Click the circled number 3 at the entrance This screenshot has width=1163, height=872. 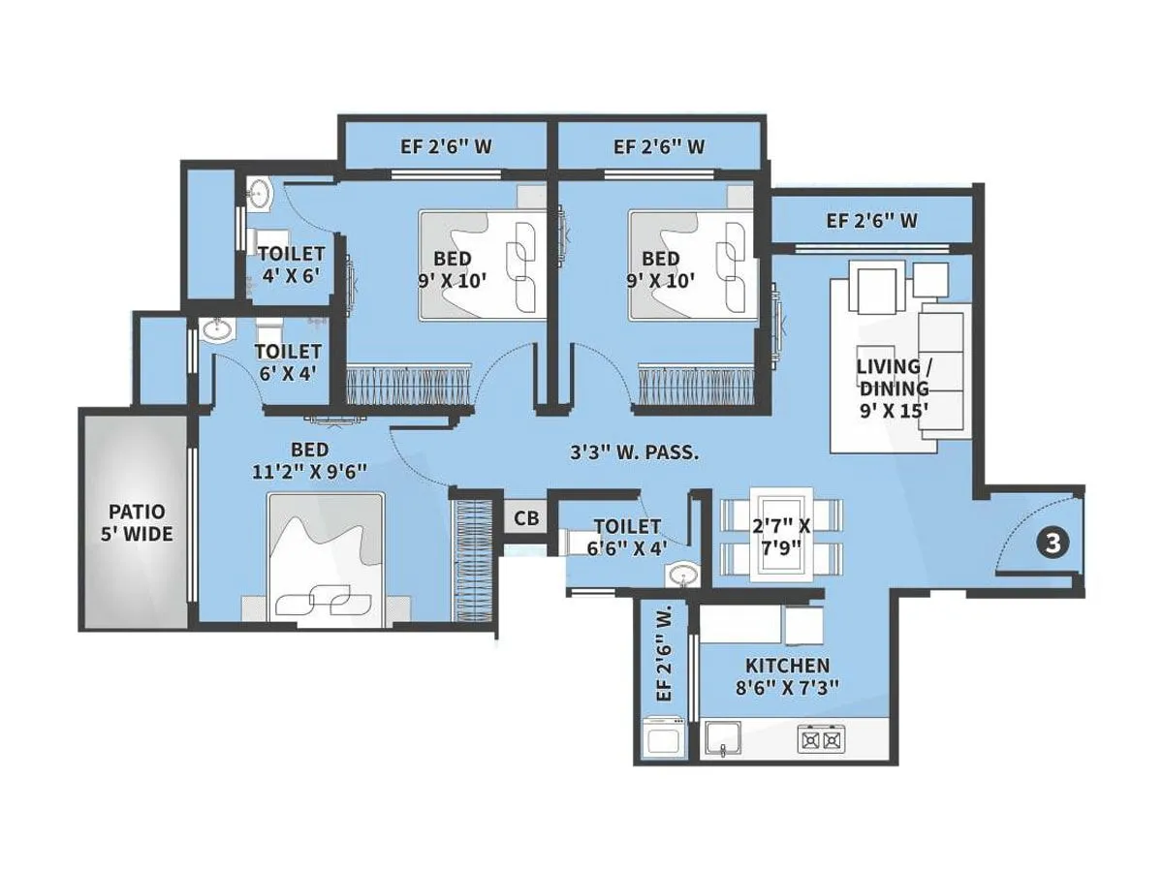point(1053,543)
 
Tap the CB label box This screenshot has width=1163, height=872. point(526,518)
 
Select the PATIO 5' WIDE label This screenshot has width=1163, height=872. point(137,522)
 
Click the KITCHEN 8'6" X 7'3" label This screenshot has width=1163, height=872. point(787,676)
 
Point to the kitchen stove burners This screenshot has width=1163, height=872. point(820,740)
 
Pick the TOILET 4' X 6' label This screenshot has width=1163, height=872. point(291,264)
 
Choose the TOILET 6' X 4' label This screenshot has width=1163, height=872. point(288,361)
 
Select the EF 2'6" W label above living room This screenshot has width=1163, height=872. point(871,221)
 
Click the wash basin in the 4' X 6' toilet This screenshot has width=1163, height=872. point(259,195)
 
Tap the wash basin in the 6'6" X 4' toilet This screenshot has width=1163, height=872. point(683,577)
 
